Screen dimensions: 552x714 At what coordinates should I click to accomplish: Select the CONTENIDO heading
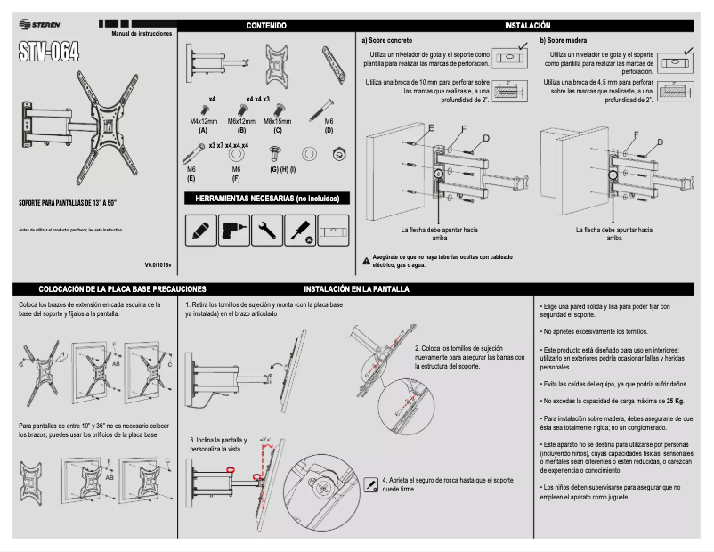pyautogui.click(x=265, y=27)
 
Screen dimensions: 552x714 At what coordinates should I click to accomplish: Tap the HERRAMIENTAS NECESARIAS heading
pyautogui.click(x=265, y=198)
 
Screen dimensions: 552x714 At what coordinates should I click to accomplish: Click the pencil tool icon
pyautogui.click(x=199, y=231)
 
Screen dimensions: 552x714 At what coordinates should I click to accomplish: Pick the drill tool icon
pyautogui.click(x=231, y=231)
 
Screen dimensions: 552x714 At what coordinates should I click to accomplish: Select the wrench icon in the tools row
pyautogui.click(x=264, y=231)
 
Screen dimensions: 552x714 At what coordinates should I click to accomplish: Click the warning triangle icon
pyautogui.click(x=366, y=260)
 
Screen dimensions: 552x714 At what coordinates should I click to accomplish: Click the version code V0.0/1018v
pyautogui.click(x=158, y=264)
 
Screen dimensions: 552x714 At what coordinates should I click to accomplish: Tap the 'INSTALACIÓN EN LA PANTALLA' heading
pyautogui.click(x=356, y=289)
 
